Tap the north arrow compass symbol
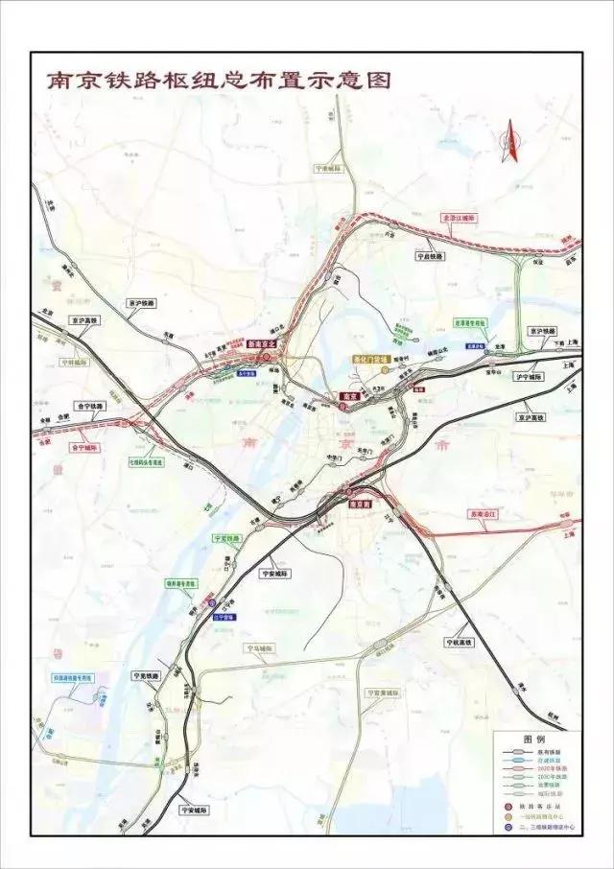click(511, 142)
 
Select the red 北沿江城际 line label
click(458, 219)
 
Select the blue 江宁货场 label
click(226, 618)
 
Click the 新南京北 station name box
click(261, 342)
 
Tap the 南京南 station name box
click(359, 503)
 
